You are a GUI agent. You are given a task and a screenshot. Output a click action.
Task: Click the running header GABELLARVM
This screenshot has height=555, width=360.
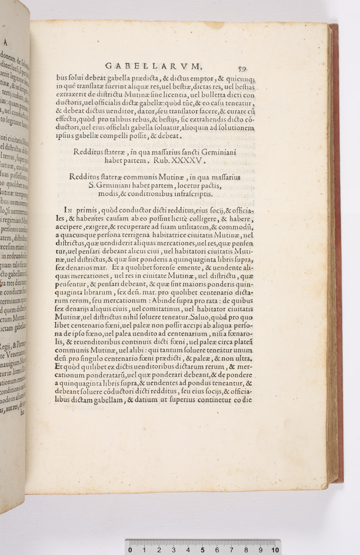point(153,66)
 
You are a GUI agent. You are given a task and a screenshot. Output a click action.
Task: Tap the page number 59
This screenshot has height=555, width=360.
point(242,68)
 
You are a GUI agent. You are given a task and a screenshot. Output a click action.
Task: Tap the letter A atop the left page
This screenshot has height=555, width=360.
point(5,43)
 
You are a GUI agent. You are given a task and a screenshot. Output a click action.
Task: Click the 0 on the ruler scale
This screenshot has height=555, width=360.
point(130,549)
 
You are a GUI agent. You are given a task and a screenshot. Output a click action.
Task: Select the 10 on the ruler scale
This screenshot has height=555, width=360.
point(274,549)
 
